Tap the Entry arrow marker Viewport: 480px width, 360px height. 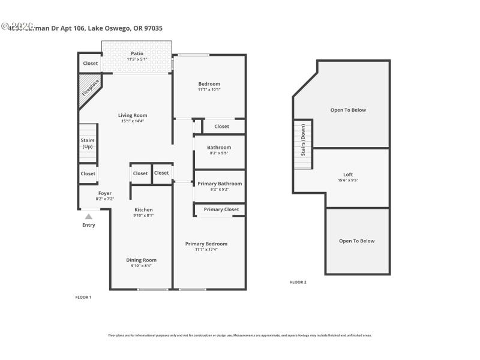[88, 217]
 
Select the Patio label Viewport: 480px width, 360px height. [137, 53]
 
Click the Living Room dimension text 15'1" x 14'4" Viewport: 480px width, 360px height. [133, 121]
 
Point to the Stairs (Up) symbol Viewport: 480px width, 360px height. [88, 143]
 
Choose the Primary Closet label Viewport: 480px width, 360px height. [221, 209]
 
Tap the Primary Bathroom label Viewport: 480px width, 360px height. [220, 184]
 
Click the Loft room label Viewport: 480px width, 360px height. [348, 175]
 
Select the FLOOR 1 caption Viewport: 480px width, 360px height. [83, 297]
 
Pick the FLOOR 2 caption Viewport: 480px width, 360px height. [298, 282]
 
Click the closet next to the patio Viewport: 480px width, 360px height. [91, 63]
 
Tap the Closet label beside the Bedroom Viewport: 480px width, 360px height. [221, 127]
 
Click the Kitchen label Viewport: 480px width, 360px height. [143, 209]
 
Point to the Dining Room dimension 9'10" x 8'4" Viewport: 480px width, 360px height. [142, 265]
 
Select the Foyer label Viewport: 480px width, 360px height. [105, 193]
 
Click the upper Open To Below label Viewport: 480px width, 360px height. [348, 110]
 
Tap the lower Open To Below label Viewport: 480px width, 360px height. [356, 241]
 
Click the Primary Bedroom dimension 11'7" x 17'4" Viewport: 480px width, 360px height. [206, 249]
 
